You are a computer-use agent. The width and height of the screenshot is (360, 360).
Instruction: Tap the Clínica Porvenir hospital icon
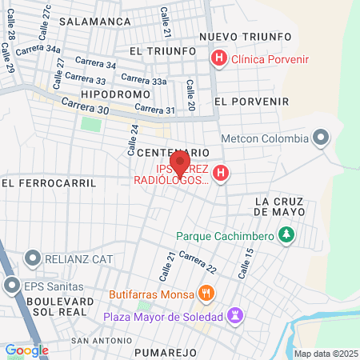(x=217, y=58)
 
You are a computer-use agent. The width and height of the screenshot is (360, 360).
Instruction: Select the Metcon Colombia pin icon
(x=321, y=138)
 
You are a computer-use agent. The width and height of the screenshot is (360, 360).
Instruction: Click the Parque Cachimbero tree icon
(x=286, y=235)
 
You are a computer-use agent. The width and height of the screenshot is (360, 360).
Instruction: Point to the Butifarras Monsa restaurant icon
(x=207, y=294)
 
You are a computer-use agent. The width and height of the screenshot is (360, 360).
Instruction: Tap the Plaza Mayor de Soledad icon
(x=235, y=316)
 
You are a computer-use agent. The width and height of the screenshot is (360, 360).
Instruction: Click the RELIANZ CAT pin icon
(x=33, y=258)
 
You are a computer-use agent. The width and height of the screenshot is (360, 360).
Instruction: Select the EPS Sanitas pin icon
(x=12, y=285)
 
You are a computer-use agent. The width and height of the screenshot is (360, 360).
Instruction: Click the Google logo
(x=26, y=350)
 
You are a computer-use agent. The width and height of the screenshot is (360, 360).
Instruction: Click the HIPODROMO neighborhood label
(x=116, y=94)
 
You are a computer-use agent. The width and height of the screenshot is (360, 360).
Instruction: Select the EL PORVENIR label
(x=251, y=102)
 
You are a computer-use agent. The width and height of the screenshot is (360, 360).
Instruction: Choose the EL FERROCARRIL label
(x=49, y=182)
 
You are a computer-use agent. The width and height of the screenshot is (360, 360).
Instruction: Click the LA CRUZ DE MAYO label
(x=279, y=206)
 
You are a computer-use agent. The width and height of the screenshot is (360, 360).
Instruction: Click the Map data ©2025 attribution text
(x=325, y=354)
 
